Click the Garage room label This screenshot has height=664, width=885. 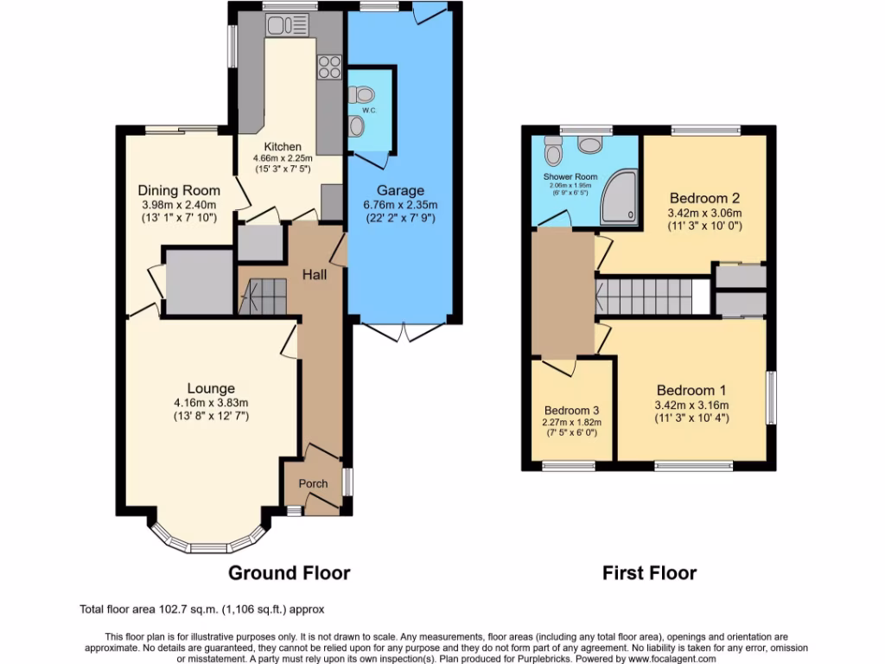point(399,190)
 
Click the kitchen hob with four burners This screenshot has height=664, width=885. point(329,67)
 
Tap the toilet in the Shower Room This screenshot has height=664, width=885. point(554,152)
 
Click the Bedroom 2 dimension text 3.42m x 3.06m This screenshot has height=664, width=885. point(704,213)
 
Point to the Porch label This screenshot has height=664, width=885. point(313,483)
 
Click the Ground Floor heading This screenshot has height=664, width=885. point(290,572)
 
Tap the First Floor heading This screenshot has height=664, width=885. point(649,572)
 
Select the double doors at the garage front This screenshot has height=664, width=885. point(404,331)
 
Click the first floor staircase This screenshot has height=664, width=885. point(644,296)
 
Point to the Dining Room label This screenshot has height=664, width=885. point(179,190)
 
